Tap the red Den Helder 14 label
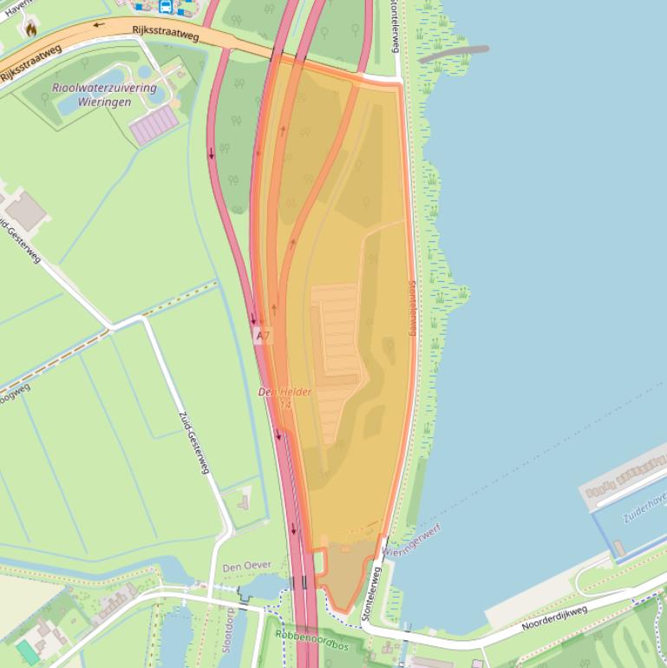click(x=285, y=398)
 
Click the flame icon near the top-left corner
click(x=32, y=28)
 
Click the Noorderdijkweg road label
click(x=554, y=619)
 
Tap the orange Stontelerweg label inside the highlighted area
click(x=412, y=307)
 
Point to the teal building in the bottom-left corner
click(x=28, y=652)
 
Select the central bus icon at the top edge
click(x=165, y=7)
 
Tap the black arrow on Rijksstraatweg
click(x=98, y=24)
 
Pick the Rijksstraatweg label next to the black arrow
click(x=167, y=34)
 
